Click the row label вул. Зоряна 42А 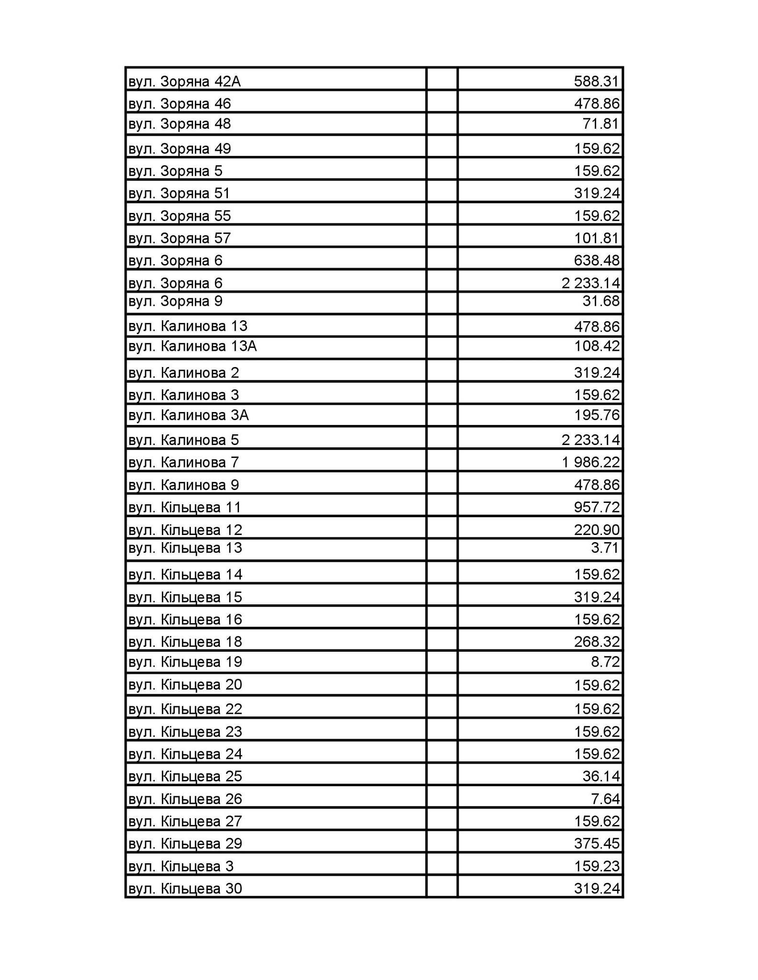point(184,82)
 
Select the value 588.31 point(597,82)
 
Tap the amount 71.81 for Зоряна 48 point(601,124)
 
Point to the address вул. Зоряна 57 point(180,238)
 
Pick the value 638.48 point(597,260)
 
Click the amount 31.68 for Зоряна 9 point(601,301)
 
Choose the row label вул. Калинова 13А point(192,345)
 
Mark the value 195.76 point(597,414)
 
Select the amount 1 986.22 point(591,462)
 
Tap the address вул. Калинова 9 point(183,485)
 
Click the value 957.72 point(597,507)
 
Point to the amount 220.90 point(597,530)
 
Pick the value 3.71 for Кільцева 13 point(605,547)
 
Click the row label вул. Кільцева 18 point(185,641)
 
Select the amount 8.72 point(605,662)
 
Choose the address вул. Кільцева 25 point(185,776)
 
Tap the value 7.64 point(605,799)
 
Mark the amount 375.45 point(597,843)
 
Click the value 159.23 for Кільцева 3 point(597,866)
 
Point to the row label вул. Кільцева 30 point(185,889)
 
